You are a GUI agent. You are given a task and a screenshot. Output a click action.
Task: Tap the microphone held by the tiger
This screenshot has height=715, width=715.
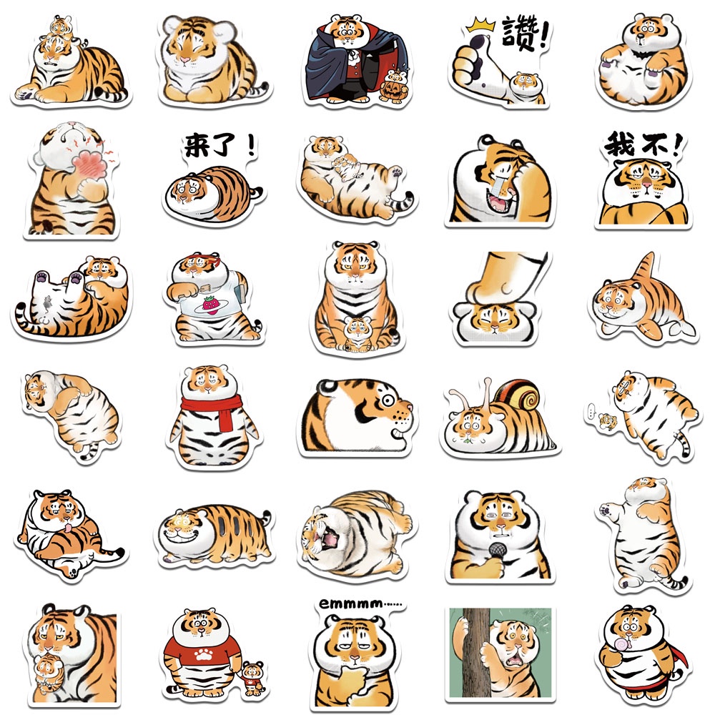498,551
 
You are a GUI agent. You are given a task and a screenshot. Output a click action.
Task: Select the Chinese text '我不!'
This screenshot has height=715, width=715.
638,146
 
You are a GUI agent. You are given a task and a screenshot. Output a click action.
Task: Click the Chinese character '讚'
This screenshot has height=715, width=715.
518,34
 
